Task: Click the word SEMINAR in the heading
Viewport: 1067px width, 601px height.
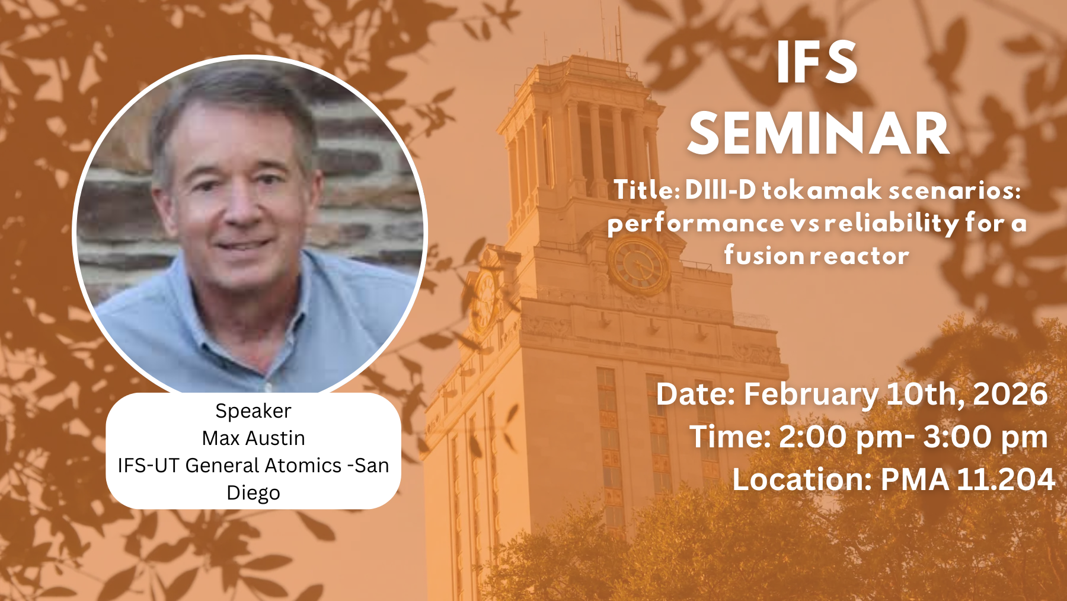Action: pos(819,134)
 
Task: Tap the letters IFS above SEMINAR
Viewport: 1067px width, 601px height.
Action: pos(817,63)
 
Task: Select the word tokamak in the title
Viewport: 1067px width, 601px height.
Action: pos(822,190)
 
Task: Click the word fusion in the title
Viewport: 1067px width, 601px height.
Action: pos(765,255)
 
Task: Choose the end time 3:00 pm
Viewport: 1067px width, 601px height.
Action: pos(985,438)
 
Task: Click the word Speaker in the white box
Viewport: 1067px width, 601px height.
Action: pos(253,411)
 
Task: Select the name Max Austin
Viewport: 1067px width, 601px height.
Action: pos(253,438)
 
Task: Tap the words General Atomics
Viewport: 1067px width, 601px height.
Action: pos(263,466)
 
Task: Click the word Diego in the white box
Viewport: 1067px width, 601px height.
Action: pos(253,493)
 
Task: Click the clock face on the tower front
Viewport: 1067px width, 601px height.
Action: pos(639,265)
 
